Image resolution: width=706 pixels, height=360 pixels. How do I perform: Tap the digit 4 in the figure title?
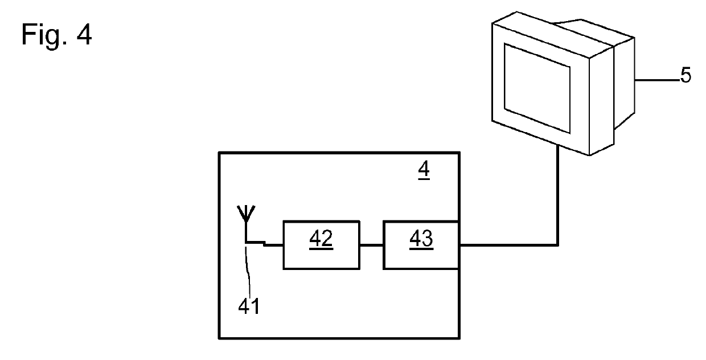tap(83, 35)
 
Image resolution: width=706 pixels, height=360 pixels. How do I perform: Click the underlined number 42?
tap(321, 240)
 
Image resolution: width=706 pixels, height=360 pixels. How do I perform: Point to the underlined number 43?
tap(421, 240)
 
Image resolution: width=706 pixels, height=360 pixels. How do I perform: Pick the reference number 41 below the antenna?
tap(249, 307)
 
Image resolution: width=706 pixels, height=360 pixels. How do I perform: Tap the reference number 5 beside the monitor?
tap(686, 76)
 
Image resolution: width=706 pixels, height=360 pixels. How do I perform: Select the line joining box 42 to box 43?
tap(371, 246)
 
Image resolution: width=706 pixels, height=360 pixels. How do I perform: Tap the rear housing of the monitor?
tap(625, 80)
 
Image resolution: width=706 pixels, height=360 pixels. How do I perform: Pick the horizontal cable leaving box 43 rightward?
tap(507, 246)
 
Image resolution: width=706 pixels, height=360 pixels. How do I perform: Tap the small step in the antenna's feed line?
tap(264, 244)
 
